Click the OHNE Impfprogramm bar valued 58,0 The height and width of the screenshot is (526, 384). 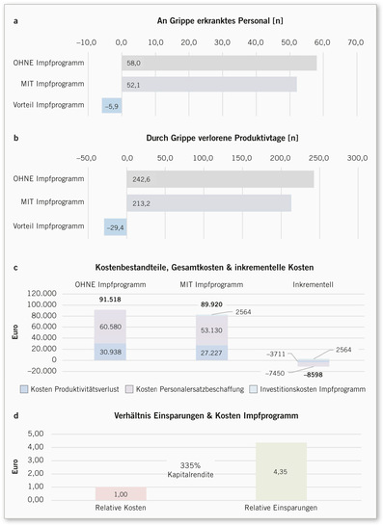218,63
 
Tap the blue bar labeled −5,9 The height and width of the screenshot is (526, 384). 112,106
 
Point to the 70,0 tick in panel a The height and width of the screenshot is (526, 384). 355,42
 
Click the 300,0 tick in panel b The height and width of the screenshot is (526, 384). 357,158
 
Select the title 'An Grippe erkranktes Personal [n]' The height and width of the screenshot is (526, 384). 218,20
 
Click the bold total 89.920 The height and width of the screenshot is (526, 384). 211,303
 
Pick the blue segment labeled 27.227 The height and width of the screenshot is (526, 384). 211,353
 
